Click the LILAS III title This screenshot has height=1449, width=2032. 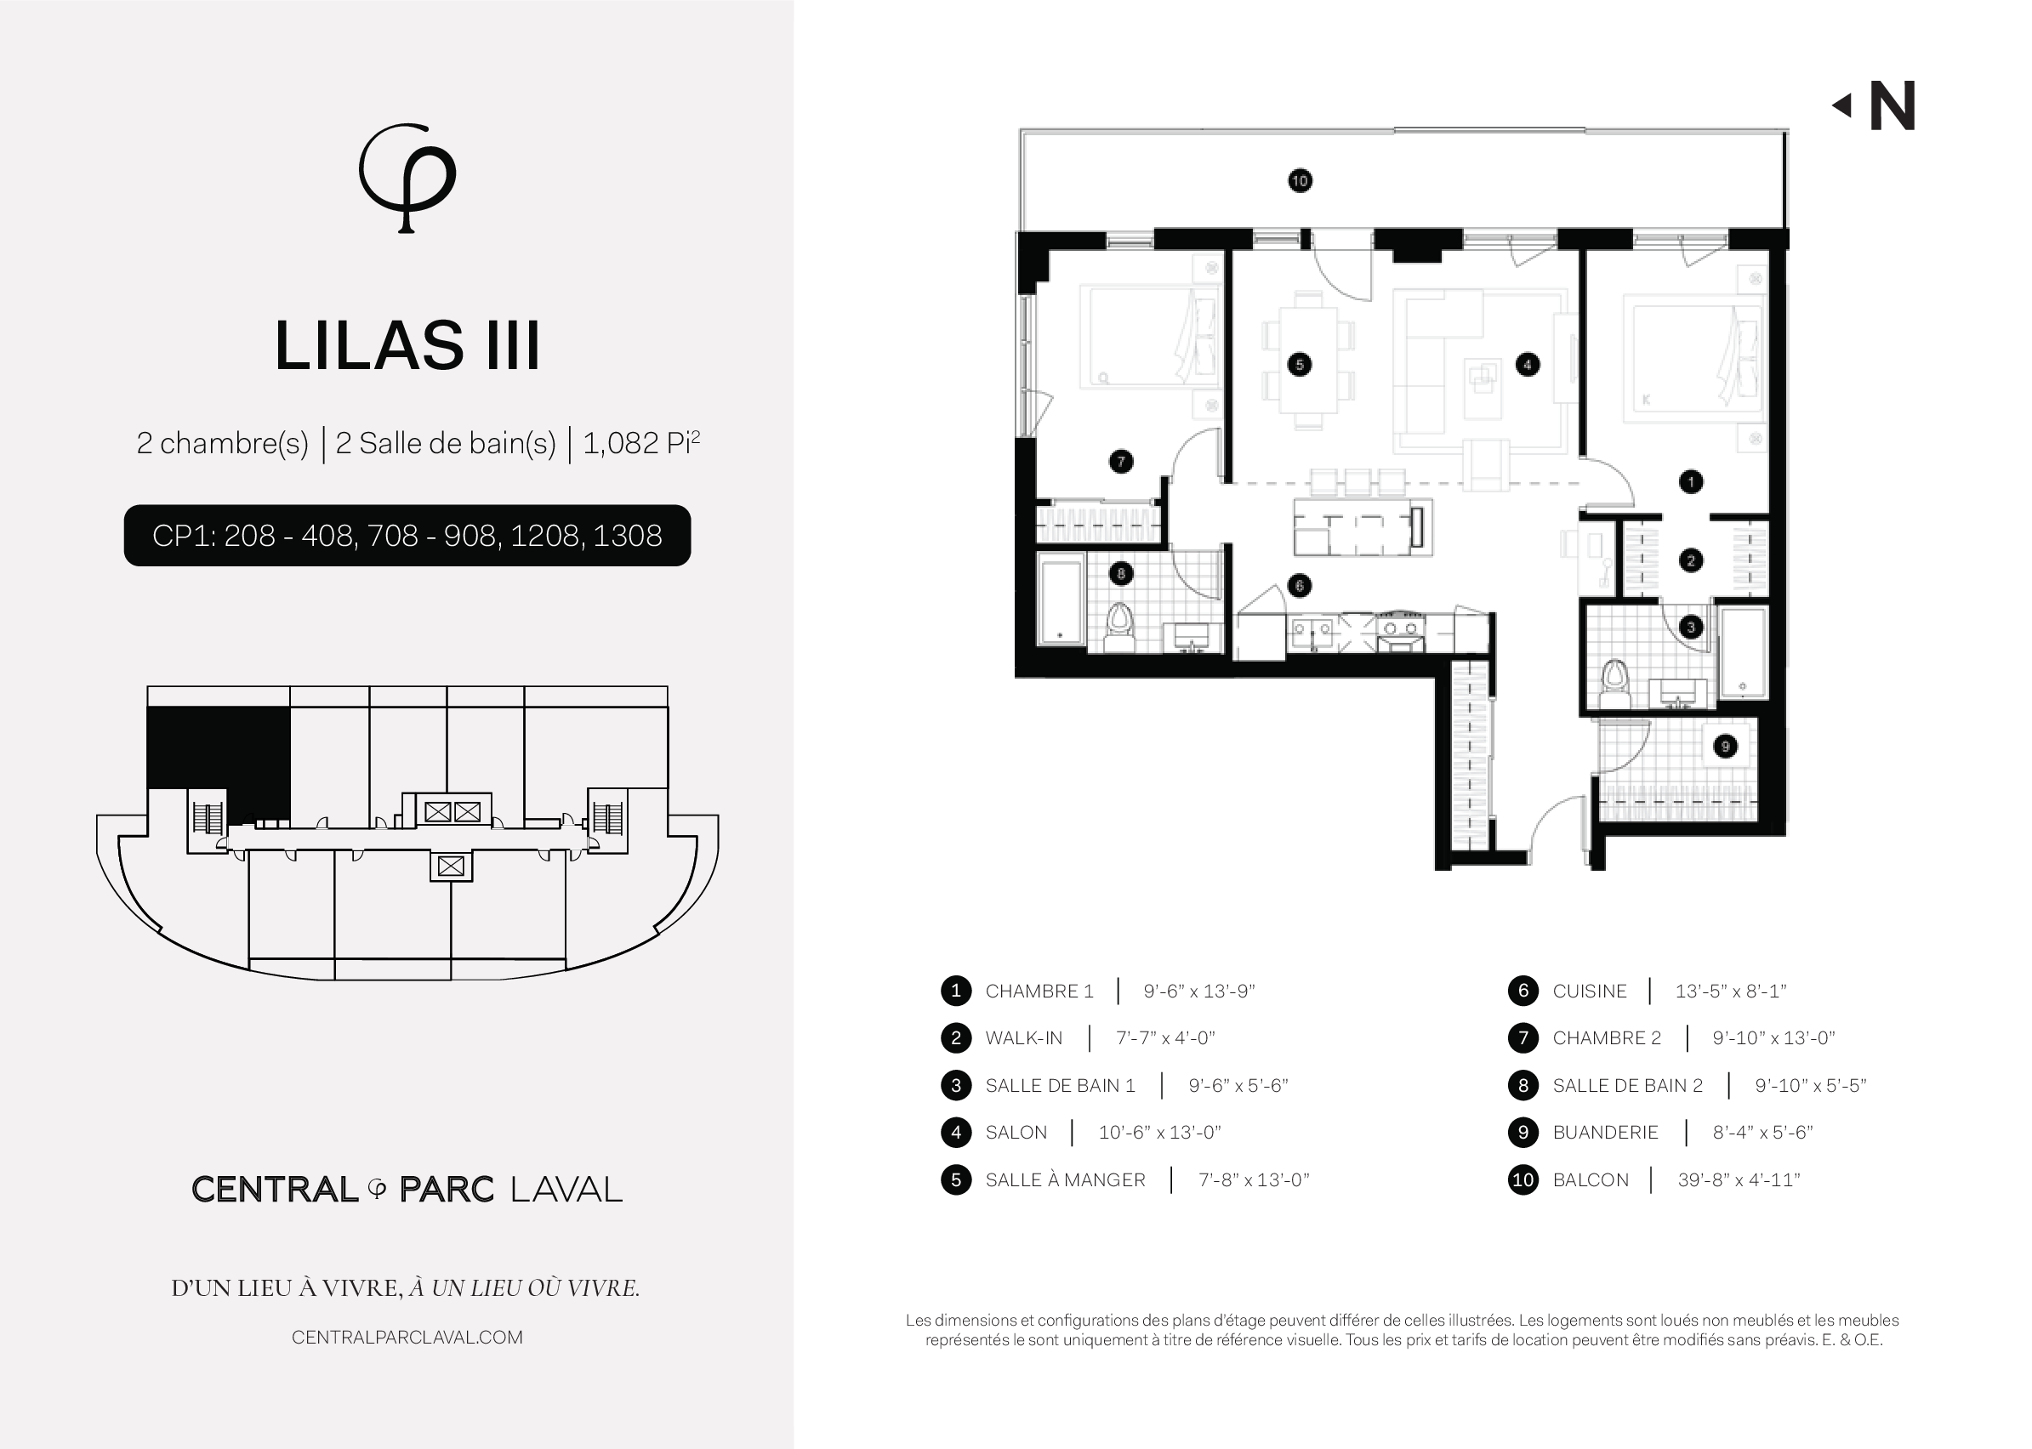click(407, 345)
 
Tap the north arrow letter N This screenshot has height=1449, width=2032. click(1892, 106)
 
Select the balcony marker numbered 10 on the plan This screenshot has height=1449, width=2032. click(1300, 181)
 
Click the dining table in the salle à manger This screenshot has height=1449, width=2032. click(1308, 360)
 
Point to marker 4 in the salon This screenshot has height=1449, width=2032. click(1528, 364)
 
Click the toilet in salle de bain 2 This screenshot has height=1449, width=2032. click(1118, 628)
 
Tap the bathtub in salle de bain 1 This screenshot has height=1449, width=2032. click(1743, 653)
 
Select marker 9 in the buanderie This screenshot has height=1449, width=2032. click(1725, 746)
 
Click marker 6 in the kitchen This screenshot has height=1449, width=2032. click(1300, 585)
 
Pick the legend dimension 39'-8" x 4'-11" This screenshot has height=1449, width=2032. click(1739, 1179)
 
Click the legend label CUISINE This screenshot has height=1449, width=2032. click(1590, 992)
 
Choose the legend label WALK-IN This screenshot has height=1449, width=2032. click(1023, 1038)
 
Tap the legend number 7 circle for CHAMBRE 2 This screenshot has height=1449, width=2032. click(1523, 1037)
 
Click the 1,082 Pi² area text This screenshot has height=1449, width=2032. click(640, 442)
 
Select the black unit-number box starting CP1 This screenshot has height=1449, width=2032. click(407, 536)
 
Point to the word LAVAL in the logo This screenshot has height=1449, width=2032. click(566, 1190)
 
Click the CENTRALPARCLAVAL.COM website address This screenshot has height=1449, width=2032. click(407, 1338)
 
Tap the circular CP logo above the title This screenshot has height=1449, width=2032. click(407, 178)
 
